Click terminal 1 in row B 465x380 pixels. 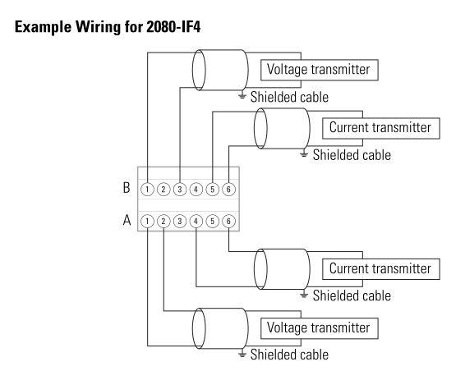(x=147, y=190)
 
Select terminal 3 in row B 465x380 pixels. (x=180, y=190)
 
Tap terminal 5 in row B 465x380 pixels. (x=212, y=190)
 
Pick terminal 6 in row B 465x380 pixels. (x=228, y=190)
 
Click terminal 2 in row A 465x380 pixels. (x=163, y=221)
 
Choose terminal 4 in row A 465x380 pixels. (x=196, y=221)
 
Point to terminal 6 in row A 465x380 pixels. (x=228, y=221)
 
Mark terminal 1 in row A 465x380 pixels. (x=147, y=221)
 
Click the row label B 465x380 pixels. (x=127, y=187)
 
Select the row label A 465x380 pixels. (x=127, y=220)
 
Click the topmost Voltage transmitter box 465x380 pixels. (x=320, y=70)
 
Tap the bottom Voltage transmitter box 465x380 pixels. (x=320, y=328)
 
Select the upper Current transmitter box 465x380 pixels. (x=381, y=128)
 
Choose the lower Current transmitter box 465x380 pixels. (x=381, y=269)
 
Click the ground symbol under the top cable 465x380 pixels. (x=242, y=95)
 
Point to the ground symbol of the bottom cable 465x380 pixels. (x=242, y=354)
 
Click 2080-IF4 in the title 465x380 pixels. (x=173, y=27)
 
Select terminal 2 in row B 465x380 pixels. (x=163, y=190)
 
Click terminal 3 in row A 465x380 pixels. (x=180, y=221)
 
